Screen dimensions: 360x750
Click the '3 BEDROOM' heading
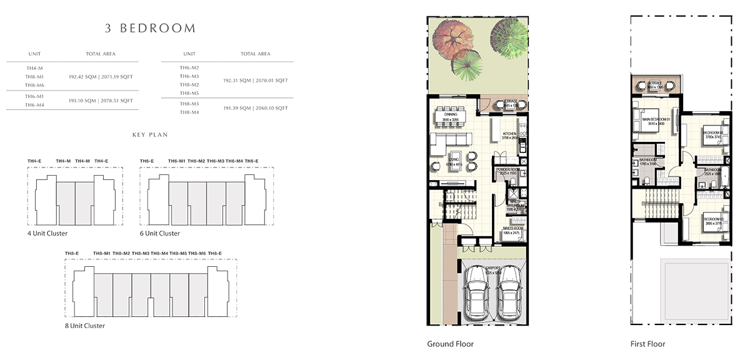point(149,28)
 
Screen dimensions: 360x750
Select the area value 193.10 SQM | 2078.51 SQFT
point(101,101)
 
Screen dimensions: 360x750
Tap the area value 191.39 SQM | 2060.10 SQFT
point(255,108)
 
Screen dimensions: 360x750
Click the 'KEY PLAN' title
point(150,134)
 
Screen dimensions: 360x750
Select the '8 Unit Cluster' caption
point(84,326)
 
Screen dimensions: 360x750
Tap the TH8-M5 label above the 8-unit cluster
point(179,253)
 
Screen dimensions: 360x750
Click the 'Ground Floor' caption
point(450,344)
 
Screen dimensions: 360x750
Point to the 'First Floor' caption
point(647,344)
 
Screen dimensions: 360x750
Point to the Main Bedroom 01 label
point(654,121)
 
